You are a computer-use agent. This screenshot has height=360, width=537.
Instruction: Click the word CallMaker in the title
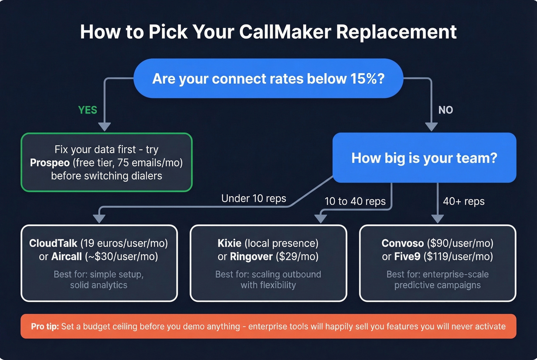(285, 32)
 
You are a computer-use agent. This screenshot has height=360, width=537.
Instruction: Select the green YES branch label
(87, 110)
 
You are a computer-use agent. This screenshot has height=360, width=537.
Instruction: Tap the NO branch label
(445, 110)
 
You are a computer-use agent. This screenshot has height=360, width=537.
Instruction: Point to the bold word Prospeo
(49, 163)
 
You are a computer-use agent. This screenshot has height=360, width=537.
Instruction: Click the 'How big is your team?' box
(424, 158)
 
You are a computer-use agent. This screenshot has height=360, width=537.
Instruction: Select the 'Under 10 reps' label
(254, 198)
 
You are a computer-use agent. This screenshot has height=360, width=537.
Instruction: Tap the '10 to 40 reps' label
(355, 201)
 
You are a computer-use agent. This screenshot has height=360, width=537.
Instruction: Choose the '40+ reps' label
(463, 201)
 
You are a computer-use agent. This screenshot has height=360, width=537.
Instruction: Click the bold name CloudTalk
(53, 243)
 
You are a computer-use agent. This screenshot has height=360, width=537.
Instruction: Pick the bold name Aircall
(66, 256)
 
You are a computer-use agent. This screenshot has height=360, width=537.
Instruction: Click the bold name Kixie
(229, 243)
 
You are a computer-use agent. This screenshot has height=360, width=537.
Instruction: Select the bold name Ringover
(251, 256)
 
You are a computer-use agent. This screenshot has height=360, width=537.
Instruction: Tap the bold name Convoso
(402, 243)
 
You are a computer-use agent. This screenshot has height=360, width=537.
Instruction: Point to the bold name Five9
(407, 256)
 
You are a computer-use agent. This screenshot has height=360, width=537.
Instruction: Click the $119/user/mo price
(458, 256)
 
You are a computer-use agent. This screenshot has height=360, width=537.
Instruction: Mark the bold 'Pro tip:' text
(45, 326)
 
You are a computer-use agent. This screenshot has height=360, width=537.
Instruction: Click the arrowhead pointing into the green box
(104, 127)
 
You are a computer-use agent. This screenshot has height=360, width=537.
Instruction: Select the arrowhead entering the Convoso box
(437, 219)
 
